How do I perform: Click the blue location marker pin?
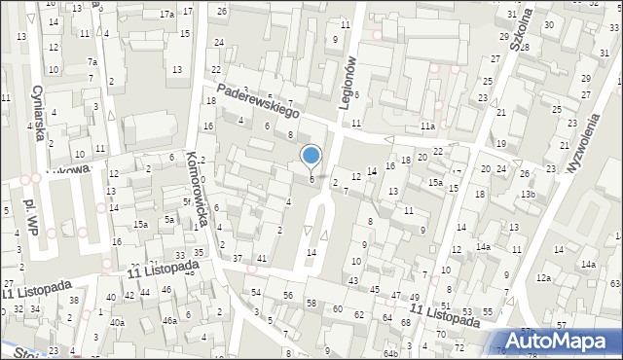[311, 156]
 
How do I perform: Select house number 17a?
[167, 14]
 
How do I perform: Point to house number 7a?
[92, 62]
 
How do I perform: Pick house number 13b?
[527, 195]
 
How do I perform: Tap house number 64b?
[390, 352]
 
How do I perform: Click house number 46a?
[168, 320]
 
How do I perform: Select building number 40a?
[117, 322]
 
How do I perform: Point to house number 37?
[238, 258]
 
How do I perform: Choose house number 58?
[311, 304]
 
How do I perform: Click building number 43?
[352, 280]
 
